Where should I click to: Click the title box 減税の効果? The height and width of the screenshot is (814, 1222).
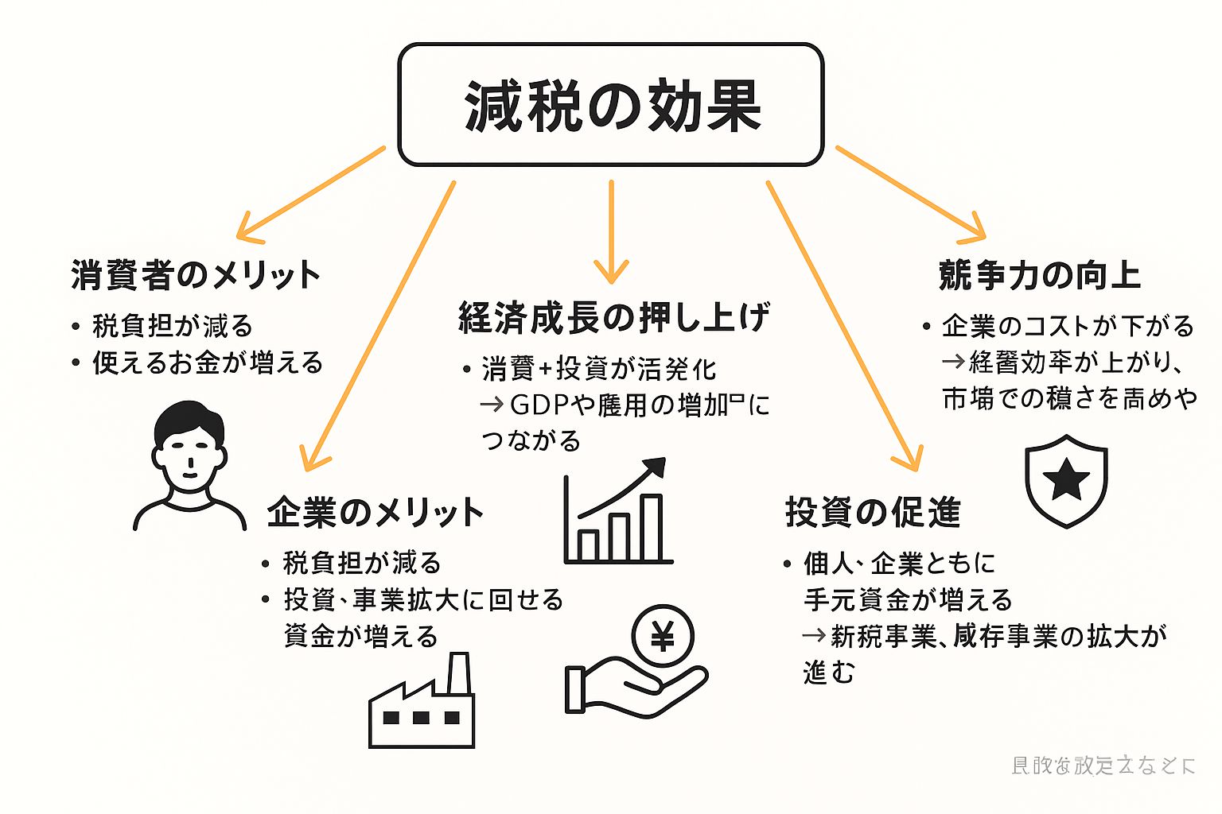tap(610, 104)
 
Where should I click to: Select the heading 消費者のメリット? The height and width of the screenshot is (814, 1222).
tap(195, 275)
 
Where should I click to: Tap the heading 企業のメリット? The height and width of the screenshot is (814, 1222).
tap(375, 513)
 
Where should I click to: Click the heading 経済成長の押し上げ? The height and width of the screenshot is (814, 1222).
tap(613, 318)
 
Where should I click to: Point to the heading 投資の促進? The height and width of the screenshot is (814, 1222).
tap(873, 513)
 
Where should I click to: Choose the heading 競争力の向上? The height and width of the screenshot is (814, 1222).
tap(1039, 275)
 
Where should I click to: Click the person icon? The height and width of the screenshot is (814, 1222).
tap(189, 465)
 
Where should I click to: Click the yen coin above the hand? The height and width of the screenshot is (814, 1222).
tap(662, 637)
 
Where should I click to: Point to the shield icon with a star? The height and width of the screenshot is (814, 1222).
tap(1066, 480)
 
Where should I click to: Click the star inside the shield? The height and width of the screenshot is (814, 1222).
tap(1066, 479)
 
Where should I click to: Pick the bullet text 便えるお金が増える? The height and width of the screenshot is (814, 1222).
tap(208, 362)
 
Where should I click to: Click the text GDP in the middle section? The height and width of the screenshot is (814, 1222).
tap(540, 405)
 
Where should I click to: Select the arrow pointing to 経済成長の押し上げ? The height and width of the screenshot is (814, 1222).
tap(611, 231)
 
